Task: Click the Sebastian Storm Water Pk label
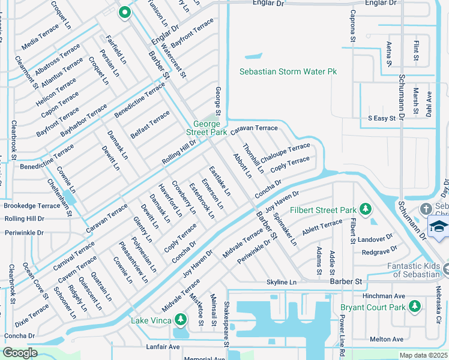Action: (288, 71)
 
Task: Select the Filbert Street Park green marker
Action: (365, 209)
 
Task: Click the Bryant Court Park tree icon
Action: (414, 307)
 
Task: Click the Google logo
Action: (20, 353)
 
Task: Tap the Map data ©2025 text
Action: (423, 355)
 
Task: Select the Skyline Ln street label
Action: (282, 282)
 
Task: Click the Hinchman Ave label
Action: (385, 296)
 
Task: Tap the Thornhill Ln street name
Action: (253, 158)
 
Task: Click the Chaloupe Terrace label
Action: (285, 150)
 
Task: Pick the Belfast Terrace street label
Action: (150, 124)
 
